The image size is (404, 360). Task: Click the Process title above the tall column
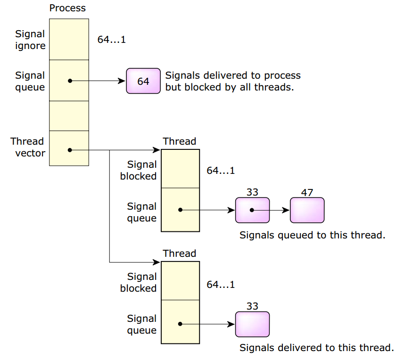coord(68,8)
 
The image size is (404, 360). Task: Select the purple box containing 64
coord(143,81)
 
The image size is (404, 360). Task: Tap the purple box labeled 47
coord(307,210)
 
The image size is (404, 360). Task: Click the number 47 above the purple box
coord(307,193)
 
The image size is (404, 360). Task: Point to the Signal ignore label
coord(30,40)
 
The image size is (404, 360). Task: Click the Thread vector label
coord(28,147)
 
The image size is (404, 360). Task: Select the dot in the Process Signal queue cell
coord(70,81)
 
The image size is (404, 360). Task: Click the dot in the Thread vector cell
coord(70,150)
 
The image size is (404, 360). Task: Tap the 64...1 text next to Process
coord(112,40)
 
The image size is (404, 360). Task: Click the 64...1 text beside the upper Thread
coord(221,171)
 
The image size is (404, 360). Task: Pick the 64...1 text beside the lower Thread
coord(221,285)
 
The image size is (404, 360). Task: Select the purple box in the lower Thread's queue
coord(252,324)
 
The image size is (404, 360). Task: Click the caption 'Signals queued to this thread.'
coord(313,235)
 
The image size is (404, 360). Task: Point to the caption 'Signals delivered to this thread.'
coord(316,348)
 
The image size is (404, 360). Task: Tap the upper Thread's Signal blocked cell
coord(180,169)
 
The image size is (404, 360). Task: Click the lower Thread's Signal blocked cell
coord(180,281)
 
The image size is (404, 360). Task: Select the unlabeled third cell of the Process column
coord(69,116)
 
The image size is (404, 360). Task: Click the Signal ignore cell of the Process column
coord(69,39)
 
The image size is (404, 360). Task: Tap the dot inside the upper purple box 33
coord(252,210)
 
